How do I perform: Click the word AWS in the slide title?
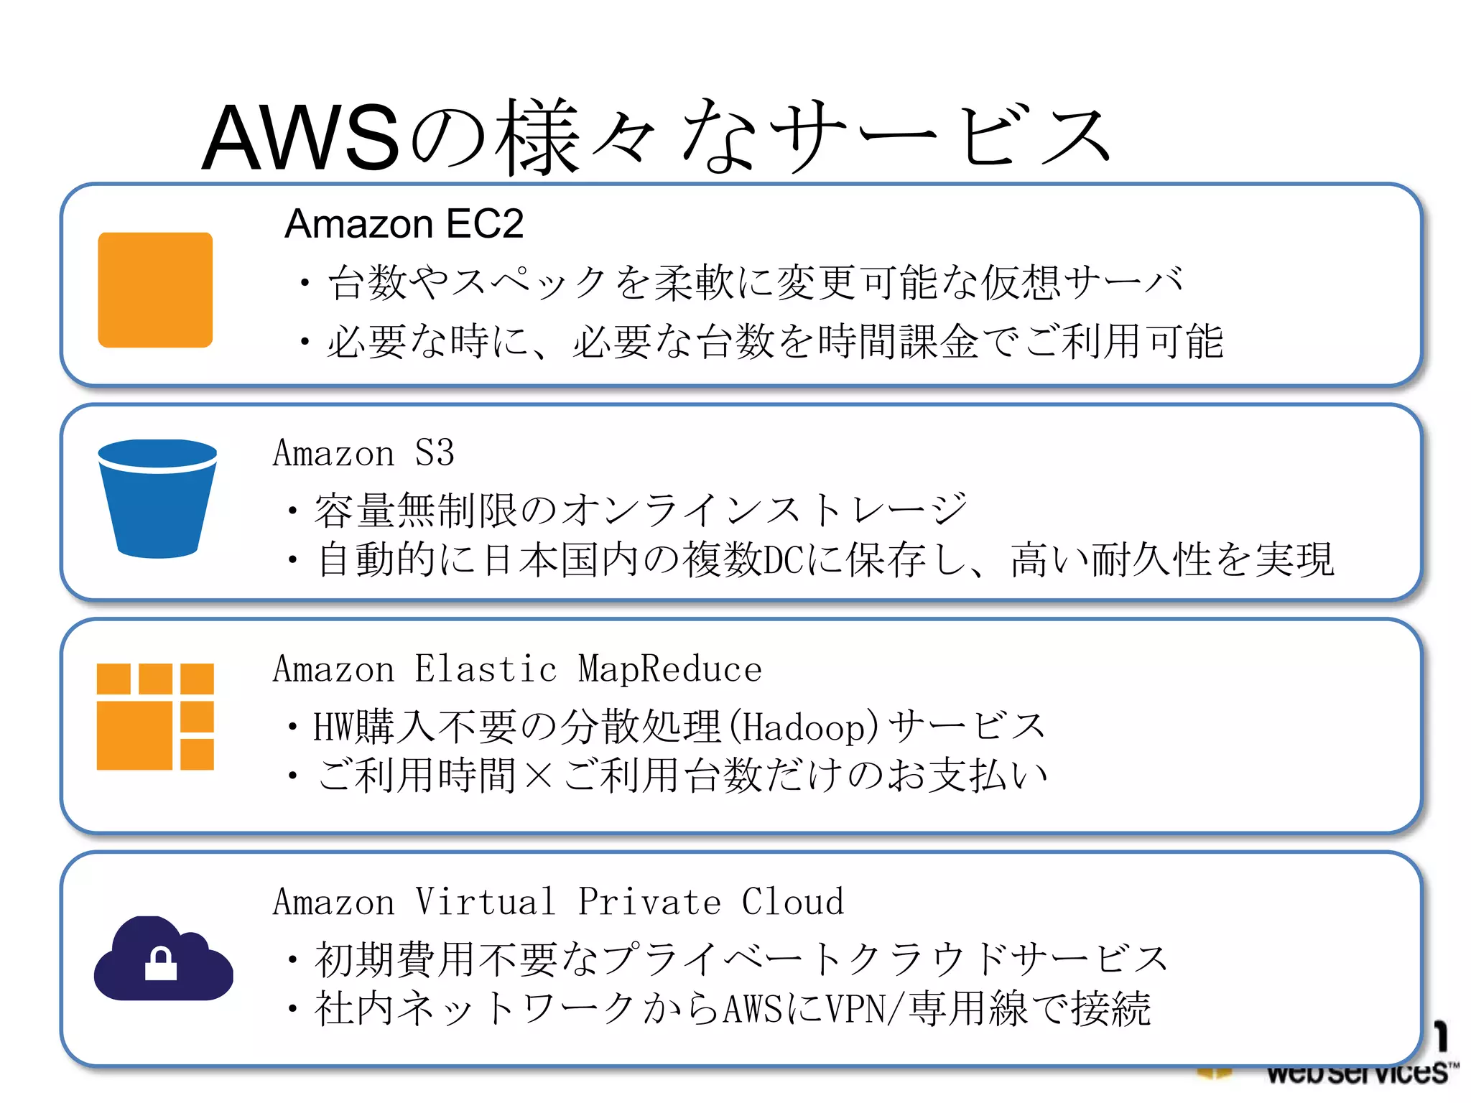(x=300, y=138)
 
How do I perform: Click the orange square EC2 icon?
(x=155, y=289)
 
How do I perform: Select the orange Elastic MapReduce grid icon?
(x=155, y=717)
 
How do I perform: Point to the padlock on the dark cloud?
(x=161, y=964)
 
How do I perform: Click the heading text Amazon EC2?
(x=404, y=223)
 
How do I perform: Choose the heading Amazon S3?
(x=363, y=454)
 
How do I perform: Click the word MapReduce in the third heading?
(x=669, y=669)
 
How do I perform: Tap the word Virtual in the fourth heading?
(x=486, y=902)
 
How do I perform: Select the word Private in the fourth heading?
(x=649, y=902)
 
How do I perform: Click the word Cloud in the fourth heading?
(x=793, y=902)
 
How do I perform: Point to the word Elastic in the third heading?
(x=486, y=669)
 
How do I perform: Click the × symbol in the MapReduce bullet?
(x=539, y=776)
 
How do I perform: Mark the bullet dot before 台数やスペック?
(x=305, y=283)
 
